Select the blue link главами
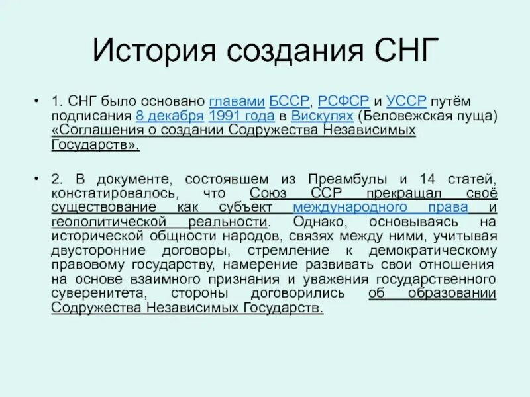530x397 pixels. (x=237, y=101)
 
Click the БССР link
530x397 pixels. (x=290, y=101)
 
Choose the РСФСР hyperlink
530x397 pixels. (x=343, y=101)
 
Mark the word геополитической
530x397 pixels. (x=105, y=222)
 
